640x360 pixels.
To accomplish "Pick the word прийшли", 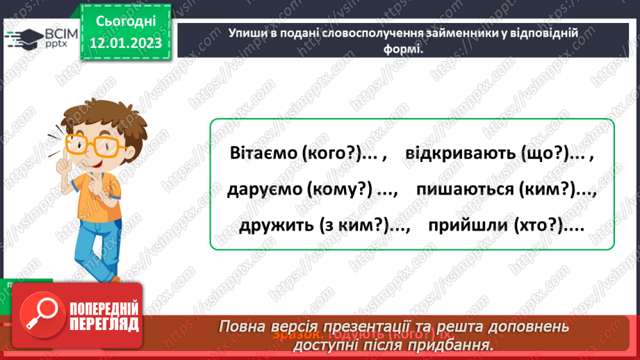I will click(465, 226).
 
